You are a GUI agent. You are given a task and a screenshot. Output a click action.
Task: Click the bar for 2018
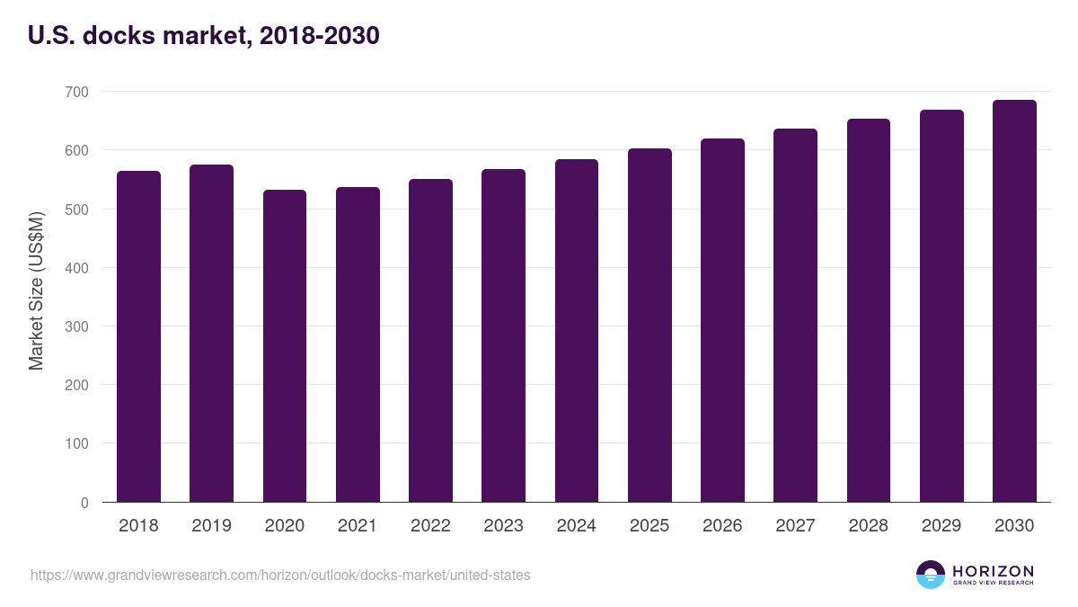tap(138, 336)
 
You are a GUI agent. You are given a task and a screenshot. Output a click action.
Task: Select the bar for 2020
tap(285, 346)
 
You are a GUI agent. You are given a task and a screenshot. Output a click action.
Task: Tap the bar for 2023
tap(503, 335)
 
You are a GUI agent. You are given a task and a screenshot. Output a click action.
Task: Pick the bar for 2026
tap(722, 320)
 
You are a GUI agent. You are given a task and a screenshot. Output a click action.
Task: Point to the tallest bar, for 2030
tap(1014, 301)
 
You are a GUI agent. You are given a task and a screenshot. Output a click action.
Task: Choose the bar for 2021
tap(358, 344)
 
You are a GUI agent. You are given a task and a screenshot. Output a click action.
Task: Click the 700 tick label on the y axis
tap(77, 92)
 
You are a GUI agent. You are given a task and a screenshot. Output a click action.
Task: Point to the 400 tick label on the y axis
tap(77, 268)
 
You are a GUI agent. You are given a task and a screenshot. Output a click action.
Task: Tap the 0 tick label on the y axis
tap(84, 503)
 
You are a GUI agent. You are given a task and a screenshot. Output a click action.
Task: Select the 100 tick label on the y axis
tap(77, 443)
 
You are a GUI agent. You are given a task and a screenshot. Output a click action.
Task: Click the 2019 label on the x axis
tap(211, 526)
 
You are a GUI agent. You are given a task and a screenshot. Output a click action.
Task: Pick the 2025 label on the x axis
tap(649, 526)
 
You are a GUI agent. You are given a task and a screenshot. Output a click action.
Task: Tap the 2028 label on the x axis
tap(869, 526)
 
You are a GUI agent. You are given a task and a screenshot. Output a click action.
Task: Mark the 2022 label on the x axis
tap(430, 526)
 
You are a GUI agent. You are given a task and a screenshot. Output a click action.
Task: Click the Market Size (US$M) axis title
tap(36, 290)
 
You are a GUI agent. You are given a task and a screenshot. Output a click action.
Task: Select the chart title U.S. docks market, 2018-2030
tap(204, 35)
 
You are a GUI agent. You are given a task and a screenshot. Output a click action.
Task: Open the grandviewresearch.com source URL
tap(280, 575)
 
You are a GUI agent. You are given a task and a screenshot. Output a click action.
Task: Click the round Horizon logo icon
tap(930, 575)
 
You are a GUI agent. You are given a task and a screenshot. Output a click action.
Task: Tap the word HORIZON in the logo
tap(993, 570)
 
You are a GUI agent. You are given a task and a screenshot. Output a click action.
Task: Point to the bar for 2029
tap(941, 306)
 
